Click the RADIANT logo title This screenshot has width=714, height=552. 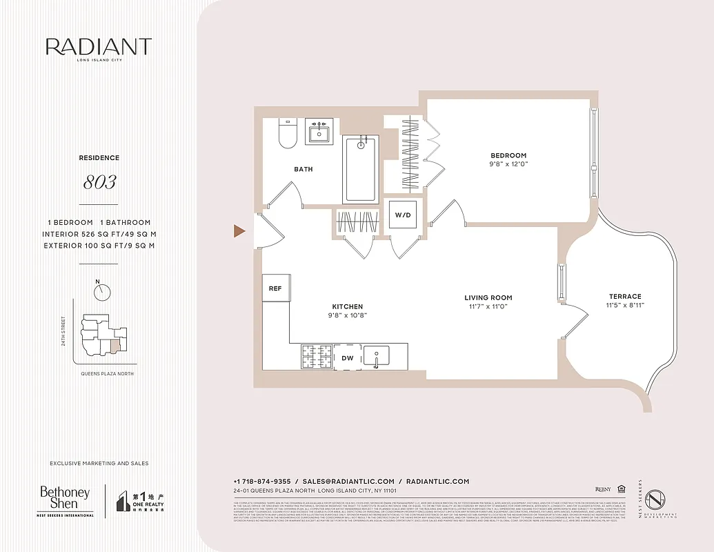click(99, 47)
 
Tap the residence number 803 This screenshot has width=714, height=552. click(99, 183)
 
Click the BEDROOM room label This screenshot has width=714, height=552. click(508, 155)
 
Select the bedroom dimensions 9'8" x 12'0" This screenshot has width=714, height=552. click(508, 164)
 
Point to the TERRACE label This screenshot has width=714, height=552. click(625, 296)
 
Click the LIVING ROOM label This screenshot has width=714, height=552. click(488, 298)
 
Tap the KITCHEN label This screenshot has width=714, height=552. click(347, 306)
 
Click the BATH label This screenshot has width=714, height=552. click(304, 169)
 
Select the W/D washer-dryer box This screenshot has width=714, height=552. click(402, 215)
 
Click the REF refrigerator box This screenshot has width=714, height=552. click(275, 288)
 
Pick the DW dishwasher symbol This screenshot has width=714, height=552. click(348, 357)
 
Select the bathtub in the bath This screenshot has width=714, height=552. click(360, 168)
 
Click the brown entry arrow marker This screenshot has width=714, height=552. click(239, 231)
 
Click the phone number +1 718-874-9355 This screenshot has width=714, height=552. click(262, 481)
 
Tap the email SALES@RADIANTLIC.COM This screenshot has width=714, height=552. click(348, 481)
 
